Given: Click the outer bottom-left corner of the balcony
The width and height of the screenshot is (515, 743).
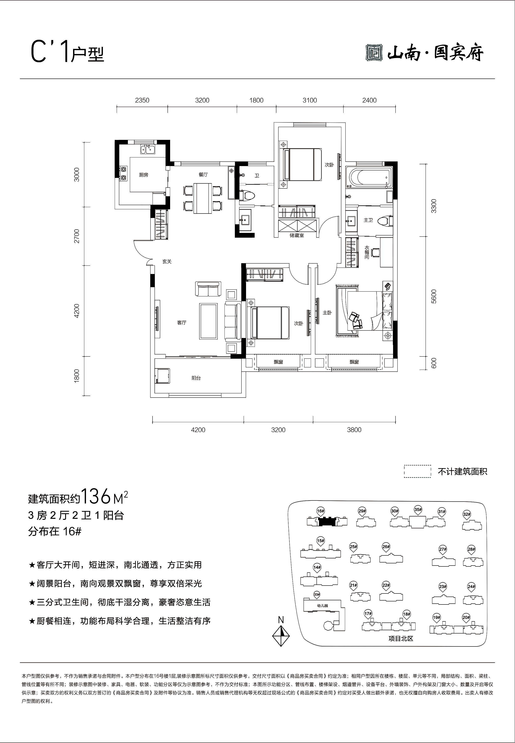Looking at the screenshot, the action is click(150, 398).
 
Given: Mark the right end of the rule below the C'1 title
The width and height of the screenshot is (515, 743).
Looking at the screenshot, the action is click(495, 79).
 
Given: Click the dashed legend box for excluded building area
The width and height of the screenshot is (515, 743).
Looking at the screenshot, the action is click(418, 471).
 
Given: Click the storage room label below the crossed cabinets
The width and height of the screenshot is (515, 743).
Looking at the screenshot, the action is click(297, 235).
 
